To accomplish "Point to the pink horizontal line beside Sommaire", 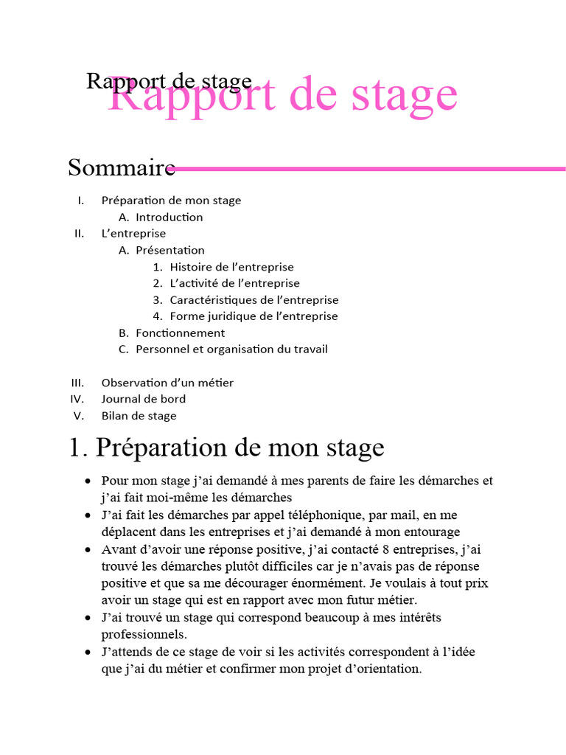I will click(368, 169).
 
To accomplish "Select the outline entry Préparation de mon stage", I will click(171, 201).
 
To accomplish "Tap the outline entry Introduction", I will click(169, 218).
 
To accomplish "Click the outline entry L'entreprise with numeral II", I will click(133, 234).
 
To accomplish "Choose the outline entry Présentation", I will click(170, 251).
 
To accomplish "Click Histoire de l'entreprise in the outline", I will click(231, 267).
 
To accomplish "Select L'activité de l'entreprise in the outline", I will click(234, 283).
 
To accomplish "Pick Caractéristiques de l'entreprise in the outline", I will click(254, 300).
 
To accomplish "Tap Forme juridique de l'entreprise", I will click(254, 316).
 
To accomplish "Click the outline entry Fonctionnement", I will click(180, 333).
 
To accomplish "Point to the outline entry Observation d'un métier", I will click(167, 383).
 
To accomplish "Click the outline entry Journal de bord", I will click(143, 399).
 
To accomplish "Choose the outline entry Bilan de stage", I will click(139, 416).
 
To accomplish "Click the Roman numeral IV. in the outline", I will click(77, 399).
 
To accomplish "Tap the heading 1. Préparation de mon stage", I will click(226, 448).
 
